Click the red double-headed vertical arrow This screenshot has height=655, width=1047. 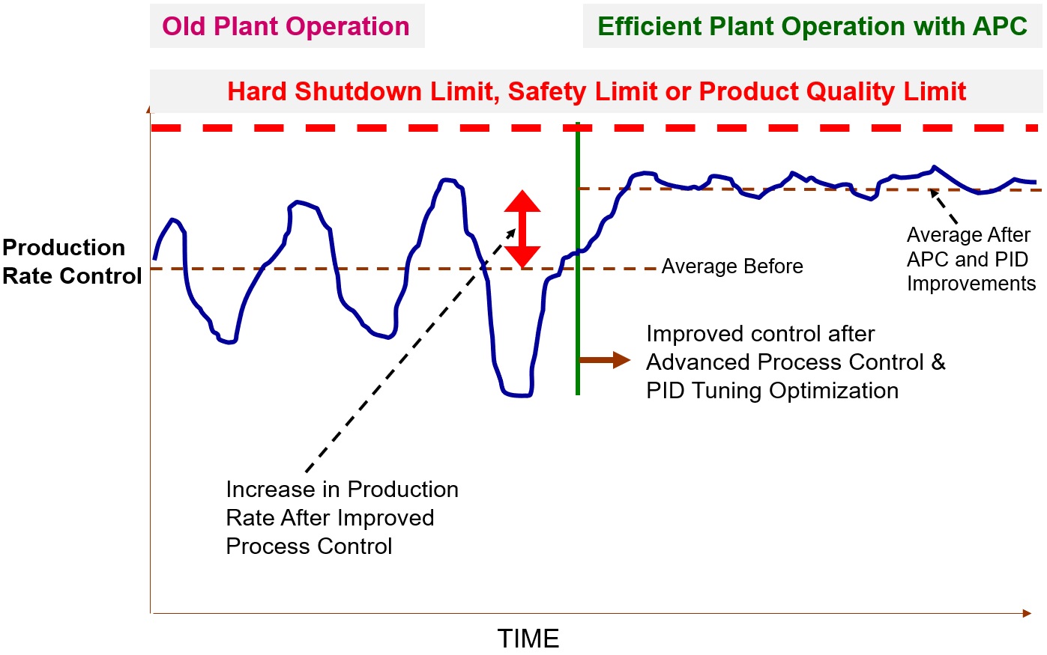522,229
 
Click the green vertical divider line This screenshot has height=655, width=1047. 578,299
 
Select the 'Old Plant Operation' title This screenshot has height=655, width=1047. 286,26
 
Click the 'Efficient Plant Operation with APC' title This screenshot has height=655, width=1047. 812,26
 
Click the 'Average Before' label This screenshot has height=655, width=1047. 732,266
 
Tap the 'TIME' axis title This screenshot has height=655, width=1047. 528,639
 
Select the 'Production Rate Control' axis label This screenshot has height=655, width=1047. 72,262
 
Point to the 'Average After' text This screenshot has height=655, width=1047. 968,235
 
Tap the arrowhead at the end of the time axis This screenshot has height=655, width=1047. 1027,613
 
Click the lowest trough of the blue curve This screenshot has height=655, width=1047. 518,395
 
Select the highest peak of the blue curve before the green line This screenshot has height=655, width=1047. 447,180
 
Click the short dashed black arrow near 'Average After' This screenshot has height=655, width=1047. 944,207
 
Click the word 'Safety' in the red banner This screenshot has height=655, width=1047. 546,91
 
